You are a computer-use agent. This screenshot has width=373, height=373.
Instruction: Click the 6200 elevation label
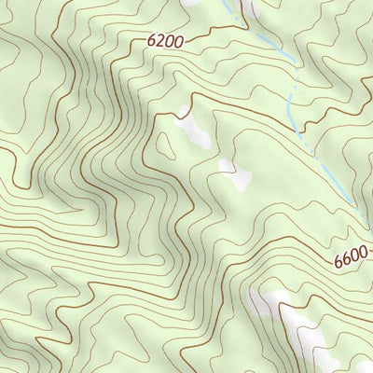(x=164, y=40)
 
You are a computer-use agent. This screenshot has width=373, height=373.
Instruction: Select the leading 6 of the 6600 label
(x=338, y=264)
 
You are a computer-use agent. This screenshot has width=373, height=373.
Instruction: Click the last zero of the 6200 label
(x=178, y=39)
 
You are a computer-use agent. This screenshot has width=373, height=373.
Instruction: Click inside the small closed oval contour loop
(x=166, y=145)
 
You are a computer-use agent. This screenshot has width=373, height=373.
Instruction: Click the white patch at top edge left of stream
(x=194, y=4)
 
